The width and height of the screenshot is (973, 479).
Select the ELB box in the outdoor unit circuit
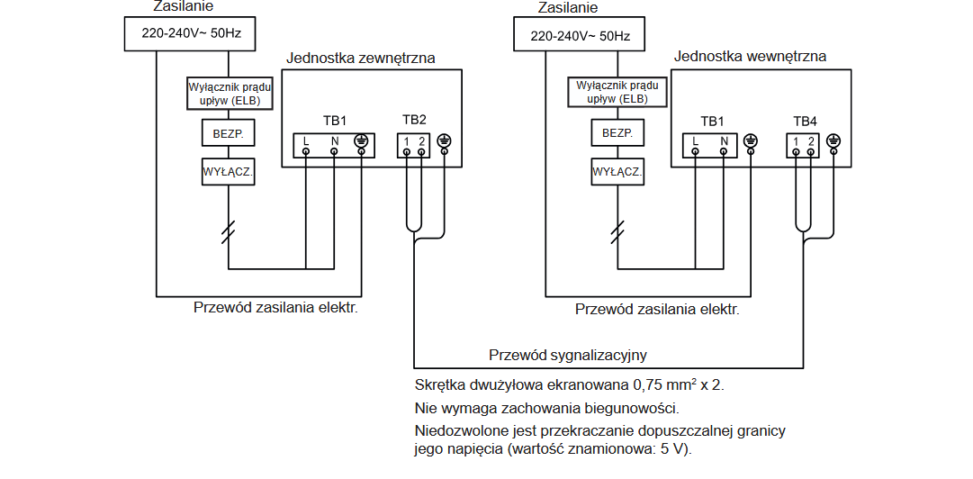point(230,94)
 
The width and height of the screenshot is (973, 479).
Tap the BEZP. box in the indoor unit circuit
point(617,133)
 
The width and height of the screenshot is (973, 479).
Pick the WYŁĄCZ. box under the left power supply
point(230,171)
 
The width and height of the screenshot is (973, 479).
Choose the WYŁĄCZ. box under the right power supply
point(617,171)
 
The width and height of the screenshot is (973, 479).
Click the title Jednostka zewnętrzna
point(361,59)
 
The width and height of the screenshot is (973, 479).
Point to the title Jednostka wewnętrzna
point(750,57)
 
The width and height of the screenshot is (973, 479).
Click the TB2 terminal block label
point(414,120)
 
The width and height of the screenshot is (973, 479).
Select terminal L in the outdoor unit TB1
point(306,141)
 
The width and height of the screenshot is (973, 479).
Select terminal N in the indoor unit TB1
point(724,141)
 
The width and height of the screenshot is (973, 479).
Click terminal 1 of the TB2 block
point(407,141)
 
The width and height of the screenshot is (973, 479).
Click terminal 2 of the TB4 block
point(811,141)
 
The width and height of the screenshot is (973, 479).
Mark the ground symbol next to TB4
point(833,140)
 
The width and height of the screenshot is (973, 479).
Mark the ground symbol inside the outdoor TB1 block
point(361,140)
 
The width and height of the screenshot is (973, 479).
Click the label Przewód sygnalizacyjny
point(568,355)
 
